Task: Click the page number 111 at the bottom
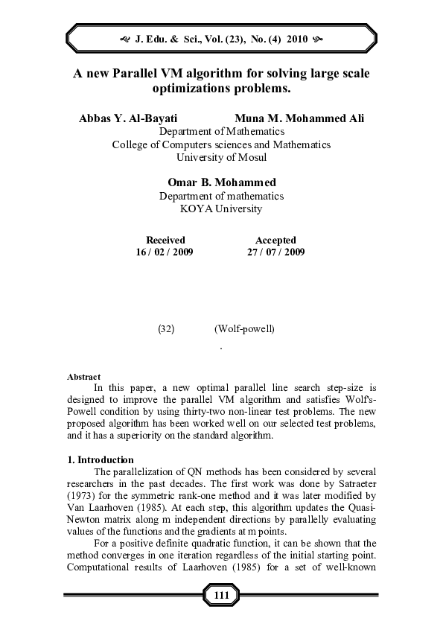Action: click(x=221, y=596)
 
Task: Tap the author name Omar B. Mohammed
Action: click(x=221, y=182)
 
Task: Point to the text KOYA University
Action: click(x=221, y=209)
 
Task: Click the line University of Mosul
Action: click(x=221, y=157)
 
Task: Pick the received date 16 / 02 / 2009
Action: click(x=165, y=252)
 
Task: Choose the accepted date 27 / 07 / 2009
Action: click(x=275, y=252)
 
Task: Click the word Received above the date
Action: click(x=165, y=240)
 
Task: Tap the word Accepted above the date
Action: click(x=275, y=240)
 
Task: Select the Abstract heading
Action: click(x=83, y=377)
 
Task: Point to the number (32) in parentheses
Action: click(x=166, y=328)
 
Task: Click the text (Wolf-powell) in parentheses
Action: click(x=244, y=328)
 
